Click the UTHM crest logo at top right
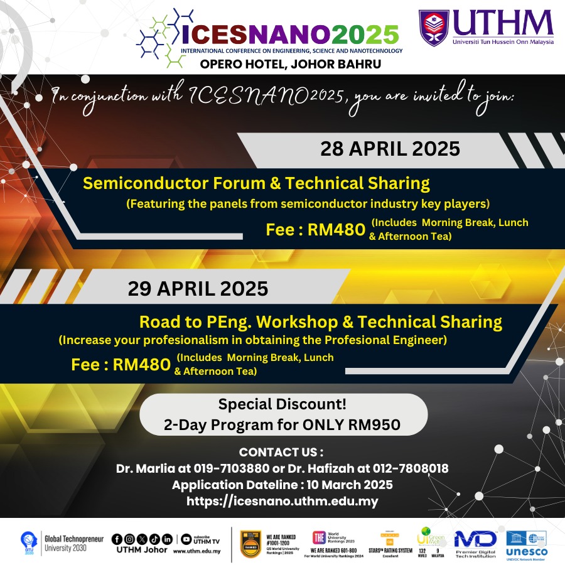pos(434,28)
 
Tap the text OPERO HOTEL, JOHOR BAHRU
pos(290,63)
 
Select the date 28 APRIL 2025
pos(390,149)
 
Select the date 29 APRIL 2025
pos(198,289)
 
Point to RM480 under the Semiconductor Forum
pos(336,230)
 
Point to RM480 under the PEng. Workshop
pos(141,365)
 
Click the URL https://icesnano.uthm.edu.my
pos(282,501)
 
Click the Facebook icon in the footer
pos(116,539)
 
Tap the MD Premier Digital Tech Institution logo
pos(476,543)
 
